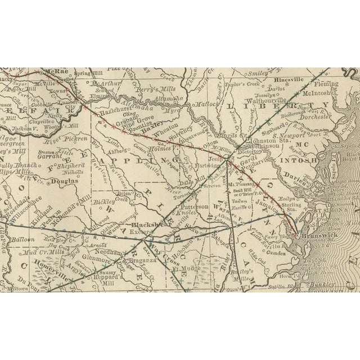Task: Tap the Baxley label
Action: tap(151, 128)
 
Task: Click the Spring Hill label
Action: tap(91, 74)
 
